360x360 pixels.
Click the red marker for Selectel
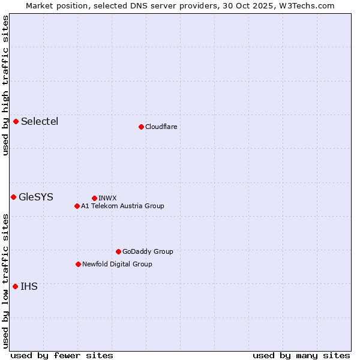coord(16,121)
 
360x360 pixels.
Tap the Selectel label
coord(40,122)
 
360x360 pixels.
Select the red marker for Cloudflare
coord(141,127)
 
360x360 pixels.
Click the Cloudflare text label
coord(161,127)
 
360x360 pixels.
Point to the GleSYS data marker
coord(13,197)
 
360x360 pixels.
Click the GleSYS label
coord(36,197)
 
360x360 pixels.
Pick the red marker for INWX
coord(94,198)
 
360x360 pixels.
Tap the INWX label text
coord(107,198)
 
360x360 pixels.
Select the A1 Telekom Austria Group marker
coord(77,206)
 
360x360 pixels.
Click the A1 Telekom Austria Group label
coord(122,206)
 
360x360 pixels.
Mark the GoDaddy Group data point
coord(118,251)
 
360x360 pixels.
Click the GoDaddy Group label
coord(148,251)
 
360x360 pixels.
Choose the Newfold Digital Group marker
coord(78,264)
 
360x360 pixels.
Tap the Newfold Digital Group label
coord(117,264)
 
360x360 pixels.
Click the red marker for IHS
coord(15,286)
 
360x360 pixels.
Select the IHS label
coord(29,287)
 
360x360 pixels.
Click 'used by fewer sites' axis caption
coord(62,355)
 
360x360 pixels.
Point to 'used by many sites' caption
coord(301,355)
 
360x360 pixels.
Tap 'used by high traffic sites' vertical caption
coord(5,85)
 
